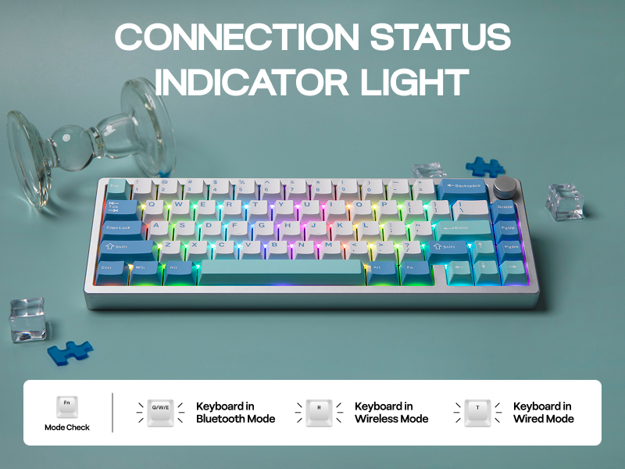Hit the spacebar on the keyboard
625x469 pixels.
(282, 271)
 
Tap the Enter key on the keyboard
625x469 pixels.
(462, 229)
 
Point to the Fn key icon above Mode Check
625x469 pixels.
(67, 406)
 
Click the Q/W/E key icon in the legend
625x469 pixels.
(159, 413)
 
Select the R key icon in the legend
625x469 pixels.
(319, 413)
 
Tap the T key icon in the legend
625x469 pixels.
(477, 413)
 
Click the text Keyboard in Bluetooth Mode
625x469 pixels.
(235, 413)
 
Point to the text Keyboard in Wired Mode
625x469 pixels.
(543, 413)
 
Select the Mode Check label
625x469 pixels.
(67, 428)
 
